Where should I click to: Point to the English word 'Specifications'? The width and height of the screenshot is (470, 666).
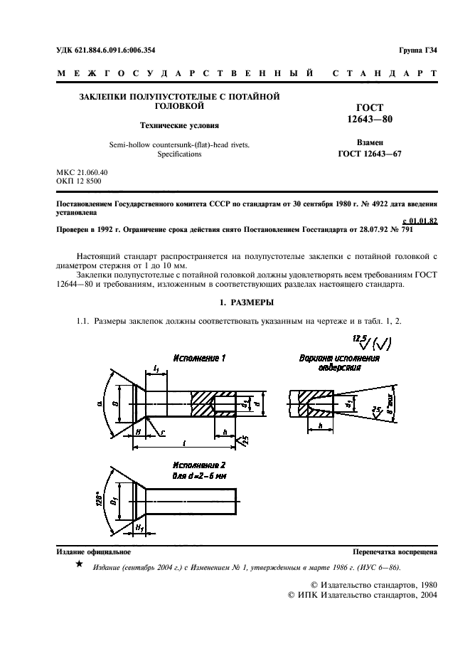[x=179, y=154]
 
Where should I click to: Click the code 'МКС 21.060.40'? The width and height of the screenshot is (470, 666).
[x=82, y=173]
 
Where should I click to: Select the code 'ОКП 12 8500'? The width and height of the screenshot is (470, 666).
[x=78, y=182]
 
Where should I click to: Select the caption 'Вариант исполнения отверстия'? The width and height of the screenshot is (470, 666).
[x=339, y=363]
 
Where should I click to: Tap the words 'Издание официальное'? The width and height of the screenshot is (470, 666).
[x=93, y=552]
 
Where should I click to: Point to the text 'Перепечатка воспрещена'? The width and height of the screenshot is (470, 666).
[x=395, y=552]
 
